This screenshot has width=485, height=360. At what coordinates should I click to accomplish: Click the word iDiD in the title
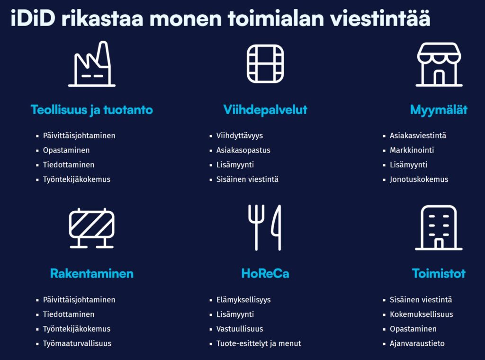coord(33,18)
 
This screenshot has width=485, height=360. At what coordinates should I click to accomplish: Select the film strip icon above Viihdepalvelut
coord(265,64)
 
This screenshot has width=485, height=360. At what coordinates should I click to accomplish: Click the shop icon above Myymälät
coord(439,64)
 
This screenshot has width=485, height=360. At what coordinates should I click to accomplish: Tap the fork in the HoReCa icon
coord(256,227)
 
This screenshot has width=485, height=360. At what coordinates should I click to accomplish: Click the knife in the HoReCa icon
coord(277,227)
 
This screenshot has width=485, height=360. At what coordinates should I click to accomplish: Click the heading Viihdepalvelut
coord(265,110)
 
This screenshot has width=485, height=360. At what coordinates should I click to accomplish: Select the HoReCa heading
coord(265,273)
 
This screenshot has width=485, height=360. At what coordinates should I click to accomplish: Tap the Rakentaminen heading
coord(92,273)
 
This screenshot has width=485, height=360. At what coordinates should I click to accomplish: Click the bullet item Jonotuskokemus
coord(419,180)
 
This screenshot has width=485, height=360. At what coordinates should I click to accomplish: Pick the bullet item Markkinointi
coord(412,150)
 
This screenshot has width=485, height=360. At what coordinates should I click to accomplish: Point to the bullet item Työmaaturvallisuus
coord(77,343)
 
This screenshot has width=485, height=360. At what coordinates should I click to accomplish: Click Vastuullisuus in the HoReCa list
coord(240,329)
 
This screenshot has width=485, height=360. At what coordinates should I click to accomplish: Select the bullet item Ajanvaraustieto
coord(417,343)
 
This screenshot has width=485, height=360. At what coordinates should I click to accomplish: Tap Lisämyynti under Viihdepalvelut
coord(235,165)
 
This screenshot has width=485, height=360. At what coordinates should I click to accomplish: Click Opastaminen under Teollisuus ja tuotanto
coord(66,150)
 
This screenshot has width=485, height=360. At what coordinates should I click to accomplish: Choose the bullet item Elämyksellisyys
coord(243,300)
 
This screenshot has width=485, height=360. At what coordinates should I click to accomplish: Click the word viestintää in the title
coord(380,18)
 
